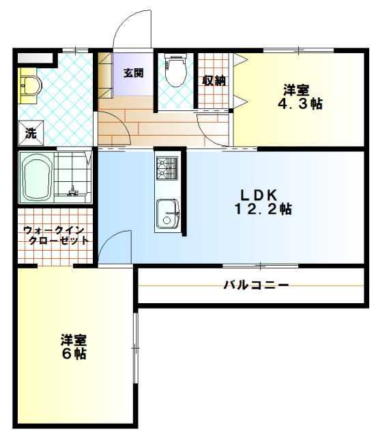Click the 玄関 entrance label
(x=133, y=73)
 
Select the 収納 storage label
(x=214, y=80)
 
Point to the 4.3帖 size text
(x=300, y=104)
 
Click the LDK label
(x=259, y=193)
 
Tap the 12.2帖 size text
(x=263, y=209)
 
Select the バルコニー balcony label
(x=256, y=285)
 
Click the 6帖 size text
(x=73, y=354)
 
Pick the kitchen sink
(x=167, y=213)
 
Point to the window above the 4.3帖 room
(x=300, y=49)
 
